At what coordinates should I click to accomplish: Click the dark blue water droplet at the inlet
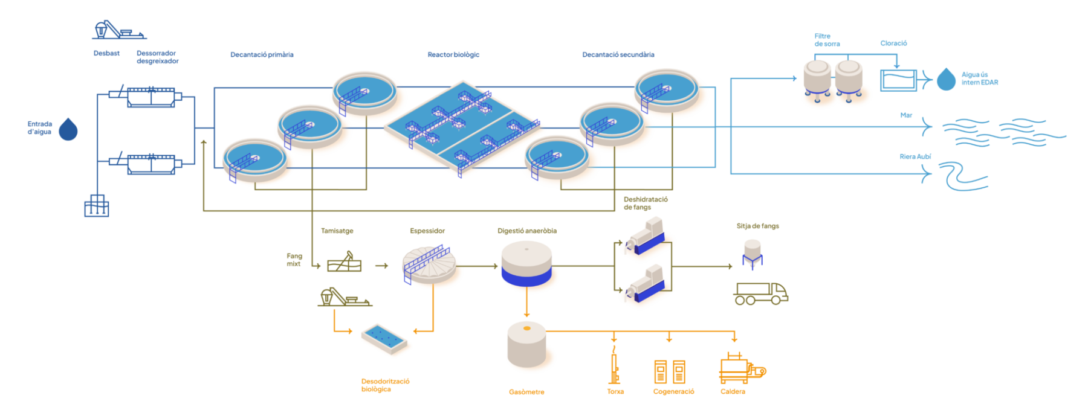tap(68, 129)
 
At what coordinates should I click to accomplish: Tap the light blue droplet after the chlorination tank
tap(946, 80)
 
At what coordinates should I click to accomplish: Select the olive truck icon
tap(760, 293)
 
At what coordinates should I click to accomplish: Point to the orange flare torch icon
tap(615, 366)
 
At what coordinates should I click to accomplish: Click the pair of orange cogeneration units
tap(670, 371)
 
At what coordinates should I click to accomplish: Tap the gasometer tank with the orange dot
tap(526, 345)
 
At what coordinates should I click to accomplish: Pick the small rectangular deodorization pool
tap(386, 338)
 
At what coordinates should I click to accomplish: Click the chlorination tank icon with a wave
tap(898, 80)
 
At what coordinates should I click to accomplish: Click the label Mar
tap(906, 115)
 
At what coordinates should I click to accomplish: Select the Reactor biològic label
tap(453, 54)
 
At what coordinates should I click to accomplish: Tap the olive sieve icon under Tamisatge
tap(344, 263)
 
